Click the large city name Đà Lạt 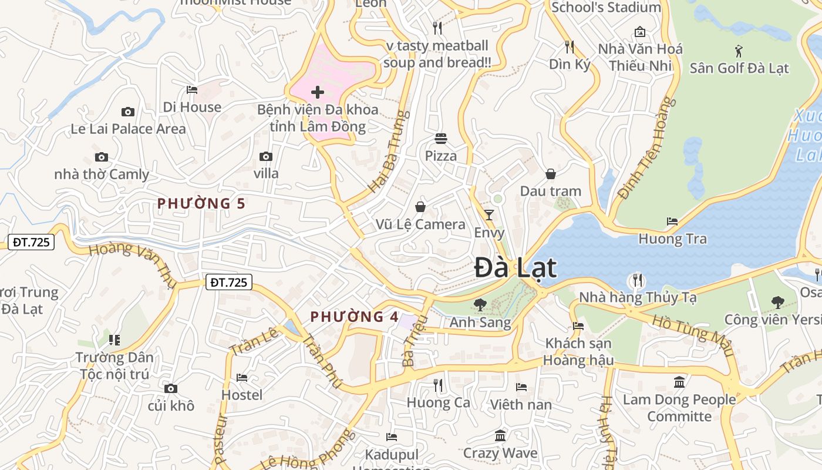click(x=515, y=268)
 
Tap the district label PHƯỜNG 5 click(x=201, y=204)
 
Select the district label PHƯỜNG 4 click(x=355, y=317)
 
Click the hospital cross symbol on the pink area click(x=318, y=92)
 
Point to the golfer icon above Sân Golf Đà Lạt click(x=739, y=51)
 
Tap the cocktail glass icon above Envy click(x=489, y=215)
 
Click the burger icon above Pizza click(x=441, y=139)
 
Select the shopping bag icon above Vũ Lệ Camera click(x=420, y=207)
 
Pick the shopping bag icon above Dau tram click(x=551, y=174)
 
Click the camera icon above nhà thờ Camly click(x=102, y=157)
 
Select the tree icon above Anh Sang click(x=480, y=305)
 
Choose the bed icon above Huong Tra click(x=672, y=221)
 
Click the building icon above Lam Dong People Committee click(x=679, y=382)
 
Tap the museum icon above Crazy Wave click(x=500, y=436)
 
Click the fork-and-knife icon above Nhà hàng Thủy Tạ click(x=638, y=280)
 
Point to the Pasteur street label click(x=220, y=440)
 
